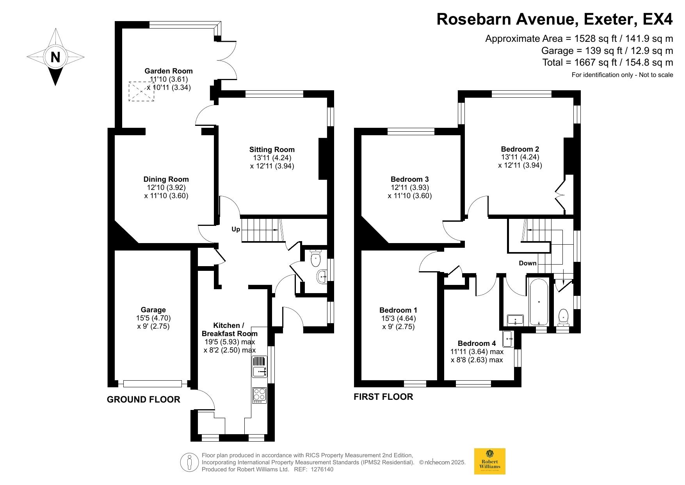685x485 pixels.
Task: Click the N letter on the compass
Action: (55, 57)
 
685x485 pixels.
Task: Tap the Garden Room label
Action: (169, 71)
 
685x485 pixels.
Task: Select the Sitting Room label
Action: (272, 149)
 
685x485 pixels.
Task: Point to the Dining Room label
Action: (166, 179)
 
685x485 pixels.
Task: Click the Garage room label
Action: (153, 310)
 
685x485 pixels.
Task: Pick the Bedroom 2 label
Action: (520, 149)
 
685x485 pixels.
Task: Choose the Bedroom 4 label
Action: (477, 343)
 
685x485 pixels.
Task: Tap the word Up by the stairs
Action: (236, 229)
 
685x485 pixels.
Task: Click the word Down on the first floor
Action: (528, 263)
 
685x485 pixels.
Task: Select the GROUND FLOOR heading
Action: (144, 399)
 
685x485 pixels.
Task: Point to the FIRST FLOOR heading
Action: (383, 397)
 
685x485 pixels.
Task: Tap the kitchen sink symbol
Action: (260, 367)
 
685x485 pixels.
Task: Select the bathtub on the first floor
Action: (539, 302)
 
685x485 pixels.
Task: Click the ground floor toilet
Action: (315, 258)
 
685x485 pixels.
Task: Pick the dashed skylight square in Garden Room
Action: (142, 91)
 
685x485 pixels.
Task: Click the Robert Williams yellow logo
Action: (489, 461)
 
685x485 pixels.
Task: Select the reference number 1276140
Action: (322, 469)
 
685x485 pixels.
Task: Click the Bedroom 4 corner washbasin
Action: (508, 338)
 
